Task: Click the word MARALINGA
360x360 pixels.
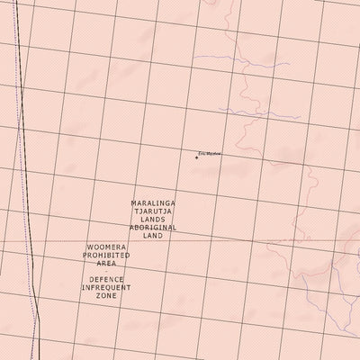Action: click(153, 203)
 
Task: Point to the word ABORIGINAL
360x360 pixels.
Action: click(153, 228)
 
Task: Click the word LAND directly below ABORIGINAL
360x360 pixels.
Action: click(153, 236)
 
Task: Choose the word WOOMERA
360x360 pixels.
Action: click(106, 247)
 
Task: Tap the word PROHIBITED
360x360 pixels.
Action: click(106, 255)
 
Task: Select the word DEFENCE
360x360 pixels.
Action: click(106, 279)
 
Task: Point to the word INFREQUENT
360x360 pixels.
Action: click(106, 287)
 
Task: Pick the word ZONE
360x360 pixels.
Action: click(106, 295)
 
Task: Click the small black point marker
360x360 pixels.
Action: click(196, 157)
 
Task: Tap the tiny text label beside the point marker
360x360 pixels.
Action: click(209, 154)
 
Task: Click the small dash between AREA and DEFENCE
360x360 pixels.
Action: click(106, 271)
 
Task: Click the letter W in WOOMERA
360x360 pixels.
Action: click(90, 247)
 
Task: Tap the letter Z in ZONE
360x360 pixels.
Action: click(97, 295)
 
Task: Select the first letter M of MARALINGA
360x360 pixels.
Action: click(133, 203)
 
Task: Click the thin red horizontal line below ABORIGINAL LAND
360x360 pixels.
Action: click(225, 241)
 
